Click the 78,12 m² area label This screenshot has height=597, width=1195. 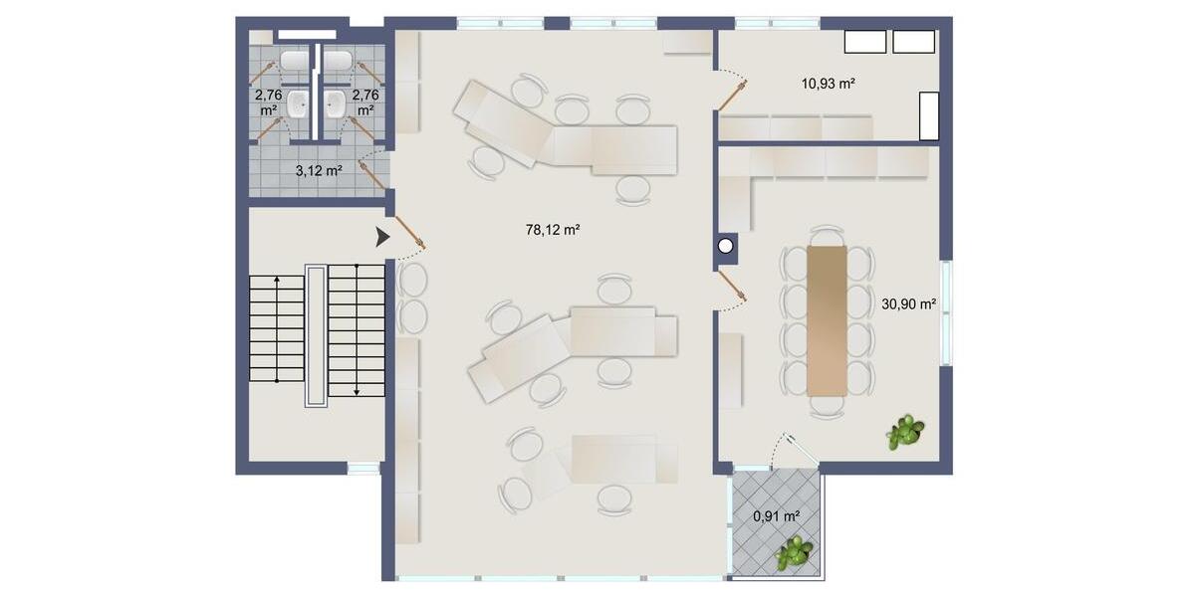coord(553,230)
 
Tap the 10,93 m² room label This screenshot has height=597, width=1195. coord(830,84)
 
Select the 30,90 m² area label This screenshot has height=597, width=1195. coord(908,304)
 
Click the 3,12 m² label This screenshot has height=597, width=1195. coord(319,170)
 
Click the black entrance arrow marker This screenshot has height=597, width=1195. coord(382,237)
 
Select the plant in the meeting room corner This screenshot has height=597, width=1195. coord(905,432)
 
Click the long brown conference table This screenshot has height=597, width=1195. coord(827,319)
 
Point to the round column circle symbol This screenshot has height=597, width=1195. coord(726,245)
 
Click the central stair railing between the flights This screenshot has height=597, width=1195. coord(315,334)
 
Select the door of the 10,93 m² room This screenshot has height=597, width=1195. coord(734,96)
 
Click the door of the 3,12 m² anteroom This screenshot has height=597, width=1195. coord(373,173)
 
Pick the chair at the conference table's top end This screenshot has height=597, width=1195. coord(827,236)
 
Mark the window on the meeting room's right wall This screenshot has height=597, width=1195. coord(947,314)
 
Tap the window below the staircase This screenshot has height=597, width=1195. coord(363,468)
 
